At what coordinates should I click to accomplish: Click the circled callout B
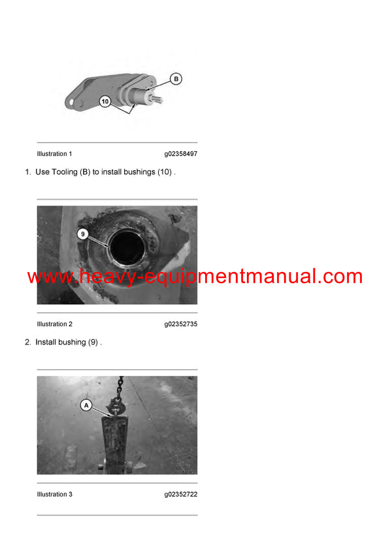click(x=175, y=79)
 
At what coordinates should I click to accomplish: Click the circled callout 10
click(x=105, y=101)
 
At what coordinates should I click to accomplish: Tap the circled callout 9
click(x=82, y=233)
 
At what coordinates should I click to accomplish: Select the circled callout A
click(x=86, y=405)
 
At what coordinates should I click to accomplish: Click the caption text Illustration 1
click(x=54, y=154)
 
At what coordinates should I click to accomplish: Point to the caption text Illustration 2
click(x=54, y=324)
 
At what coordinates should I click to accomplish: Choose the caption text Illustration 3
click(x=54, y=495)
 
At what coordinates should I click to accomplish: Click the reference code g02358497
click(x=180, y=154)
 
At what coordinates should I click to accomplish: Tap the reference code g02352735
click(x=180, y=324)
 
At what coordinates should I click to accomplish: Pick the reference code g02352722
click(x=180, y=495)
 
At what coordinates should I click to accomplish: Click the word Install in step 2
click(x=49, y=342)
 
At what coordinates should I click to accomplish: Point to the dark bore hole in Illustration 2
click(x=127, y=251)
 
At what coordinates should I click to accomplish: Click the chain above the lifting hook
click(x=120, y=386)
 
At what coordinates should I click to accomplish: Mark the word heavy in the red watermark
click(x=99, y=277)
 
